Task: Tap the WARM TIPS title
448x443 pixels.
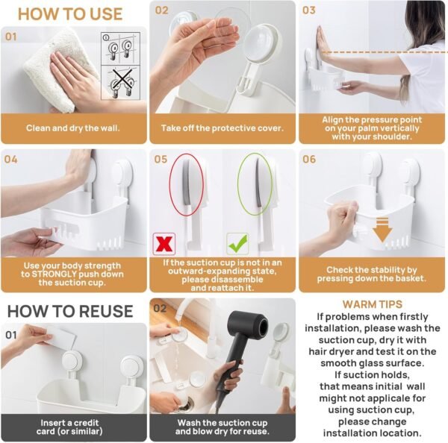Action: pos(372,304)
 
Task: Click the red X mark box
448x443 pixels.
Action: pos(164,243)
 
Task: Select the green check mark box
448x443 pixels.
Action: pos(238,243)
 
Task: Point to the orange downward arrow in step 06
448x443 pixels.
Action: pos(382,233)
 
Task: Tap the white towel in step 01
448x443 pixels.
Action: pos(45,67)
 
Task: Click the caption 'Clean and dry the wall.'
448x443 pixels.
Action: pos(72,128)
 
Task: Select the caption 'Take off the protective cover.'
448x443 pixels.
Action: pos(223,128)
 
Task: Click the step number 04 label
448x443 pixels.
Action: pos(11,160)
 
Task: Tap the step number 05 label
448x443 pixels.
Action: pos(161,160)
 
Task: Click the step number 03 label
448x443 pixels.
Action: pos(309,10)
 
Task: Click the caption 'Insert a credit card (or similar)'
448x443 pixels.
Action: pos(72,427)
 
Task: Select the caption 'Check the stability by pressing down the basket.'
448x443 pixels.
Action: pos(372,273)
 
